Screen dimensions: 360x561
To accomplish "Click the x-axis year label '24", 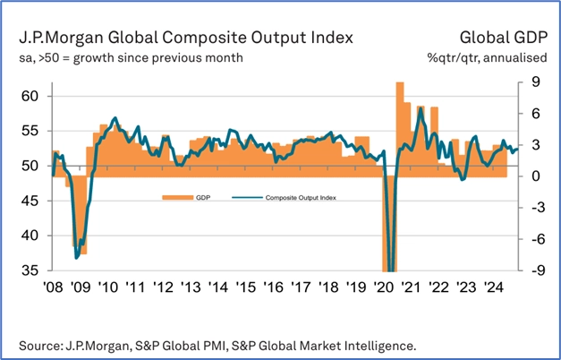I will (495, 288).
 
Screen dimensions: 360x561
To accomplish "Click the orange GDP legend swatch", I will (172, 197).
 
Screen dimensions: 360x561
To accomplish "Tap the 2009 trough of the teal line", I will (77, 257).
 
